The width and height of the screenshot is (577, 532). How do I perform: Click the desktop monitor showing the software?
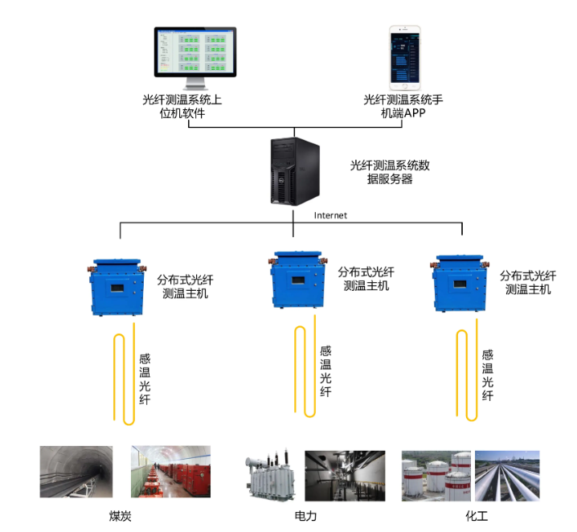(195, 56)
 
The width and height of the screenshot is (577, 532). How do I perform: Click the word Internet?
(330, 215)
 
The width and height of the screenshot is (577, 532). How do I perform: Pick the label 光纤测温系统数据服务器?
(390, 173)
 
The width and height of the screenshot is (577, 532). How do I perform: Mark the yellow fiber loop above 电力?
(305, 370)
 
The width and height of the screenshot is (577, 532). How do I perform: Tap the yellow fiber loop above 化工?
(467, 374)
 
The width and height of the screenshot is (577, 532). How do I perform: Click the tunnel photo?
(76, 471)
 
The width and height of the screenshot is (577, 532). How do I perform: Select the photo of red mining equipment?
(170, 471)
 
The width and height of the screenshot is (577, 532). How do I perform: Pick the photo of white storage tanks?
(436, 475)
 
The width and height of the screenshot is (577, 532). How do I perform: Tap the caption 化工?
(476, 515)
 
